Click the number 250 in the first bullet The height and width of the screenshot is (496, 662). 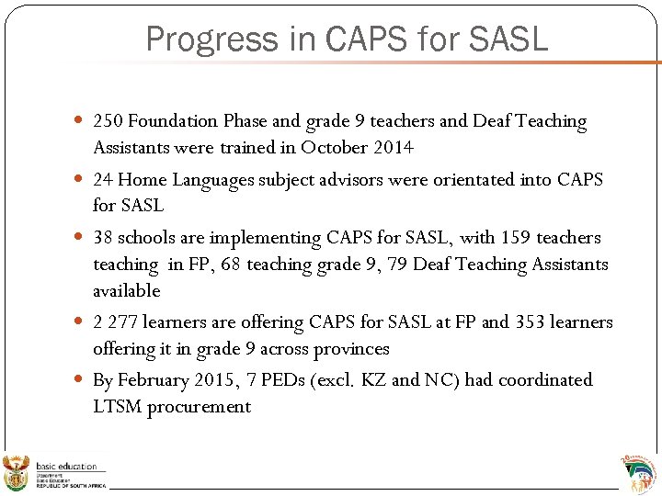108,121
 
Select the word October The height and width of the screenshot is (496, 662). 334,148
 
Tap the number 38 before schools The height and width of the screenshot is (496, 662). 102,238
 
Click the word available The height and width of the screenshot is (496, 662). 126,291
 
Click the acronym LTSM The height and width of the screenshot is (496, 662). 118,407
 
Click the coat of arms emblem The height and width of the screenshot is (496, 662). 17,472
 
